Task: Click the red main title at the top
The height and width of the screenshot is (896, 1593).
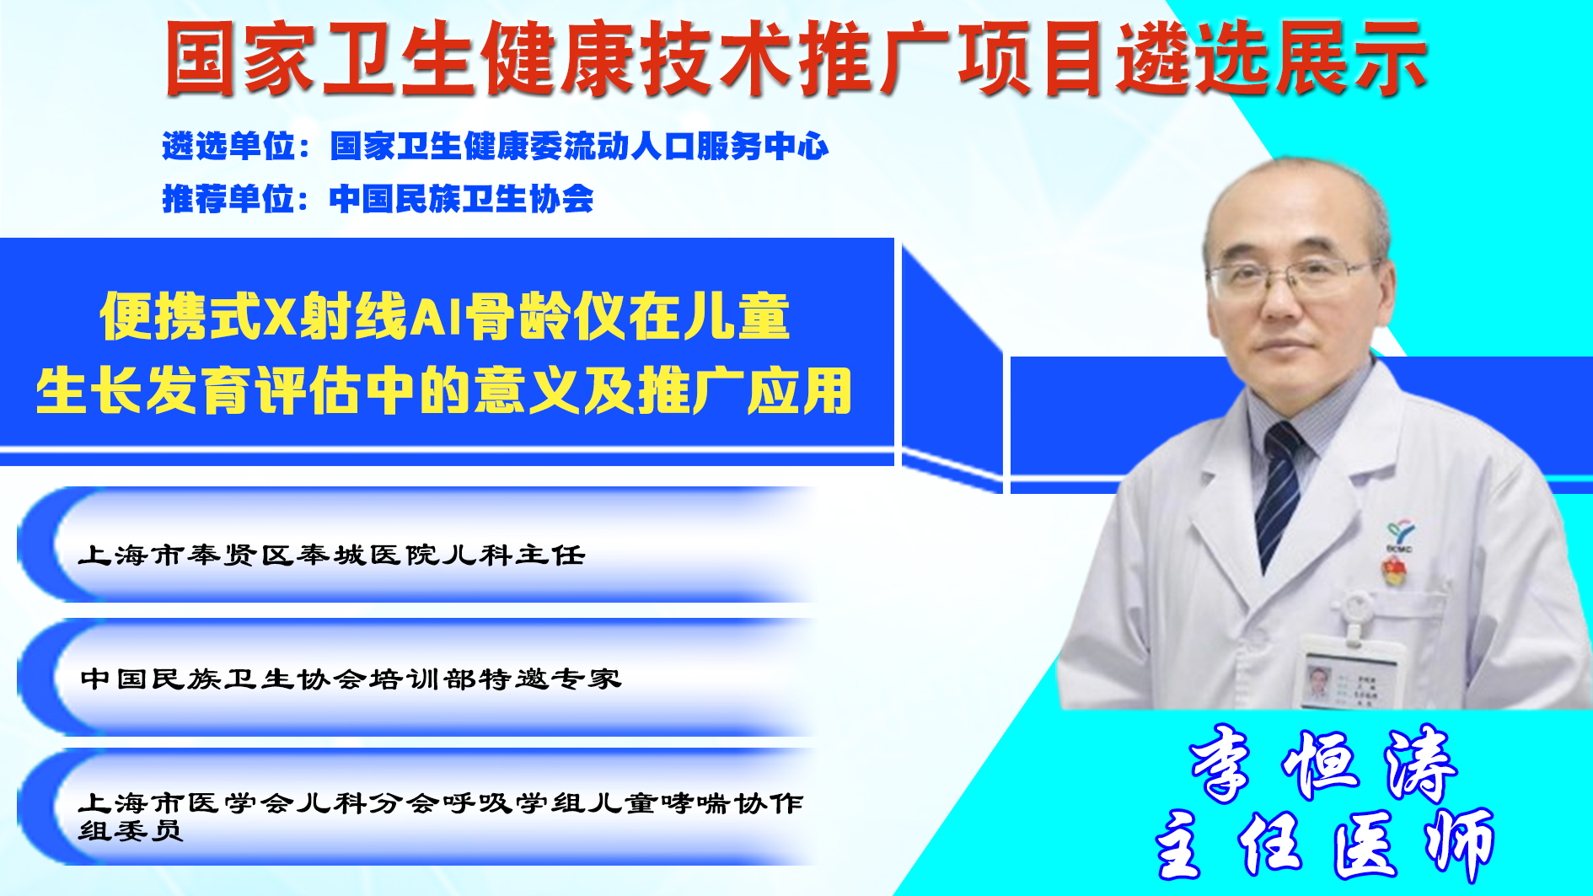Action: click(x=796, y=57)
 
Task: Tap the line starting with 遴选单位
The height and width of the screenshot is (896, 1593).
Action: click(x=495, y=146)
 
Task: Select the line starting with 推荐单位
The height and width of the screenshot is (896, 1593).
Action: click(x=378, y=199)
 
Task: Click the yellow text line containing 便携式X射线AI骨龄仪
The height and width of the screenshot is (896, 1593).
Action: click(x=445, y=316)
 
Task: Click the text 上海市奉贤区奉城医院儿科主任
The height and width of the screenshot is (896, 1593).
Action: click(x=331, y=555)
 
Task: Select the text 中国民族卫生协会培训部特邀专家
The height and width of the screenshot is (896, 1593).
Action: click(x=351, y=679)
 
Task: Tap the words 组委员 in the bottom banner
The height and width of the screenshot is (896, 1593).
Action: click(x=131, y=831)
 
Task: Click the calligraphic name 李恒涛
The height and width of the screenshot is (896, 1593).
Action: click(x=1322, y=764)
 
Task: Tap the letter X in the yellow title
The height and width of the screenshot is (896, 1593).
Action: click(x=279, y=317)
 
